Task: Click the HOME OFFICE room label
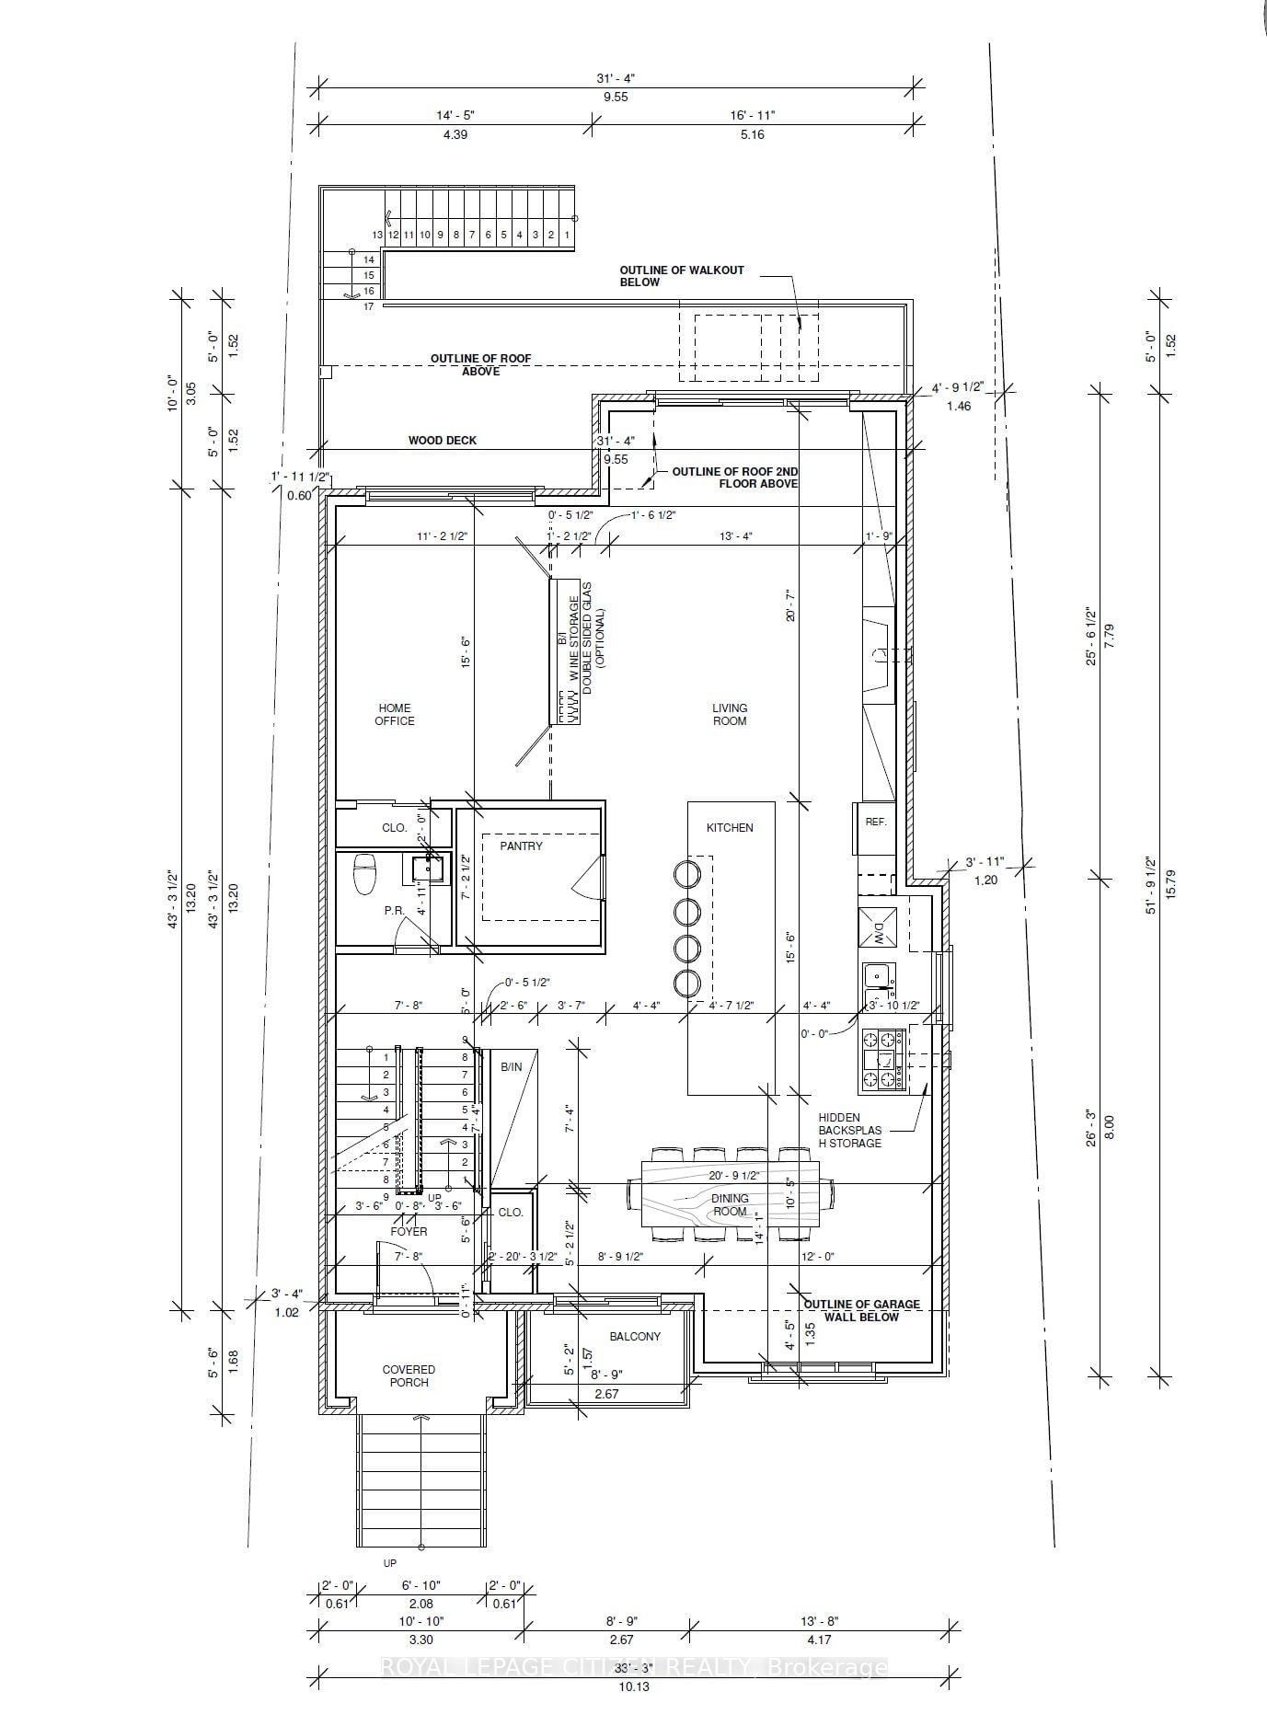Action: (394, 714)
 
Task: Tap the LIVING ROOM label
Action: (730, 714)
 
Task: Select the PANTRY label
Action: (521, 846)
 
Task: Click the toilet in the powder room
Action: (364, 874)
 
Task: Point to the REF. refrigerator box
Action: (876, 822)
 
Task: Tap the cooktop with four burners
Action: (878, 1060)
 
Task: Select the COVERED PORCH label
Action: (409, 1375)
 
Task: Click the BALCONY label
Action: (635, 1336)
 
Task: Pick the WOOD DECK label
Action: (443, 441)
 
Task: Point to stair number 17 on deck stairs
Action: (368, 306)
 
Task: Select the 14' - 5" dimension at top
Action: (455, 115)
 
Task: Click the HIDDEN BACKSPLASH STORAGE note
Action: (850, 1130)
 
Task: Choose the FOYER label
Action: (409, 1231)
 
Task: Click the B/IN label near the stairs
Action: (511, 1066)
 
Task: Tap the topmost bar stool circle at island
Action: (687, 872)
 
